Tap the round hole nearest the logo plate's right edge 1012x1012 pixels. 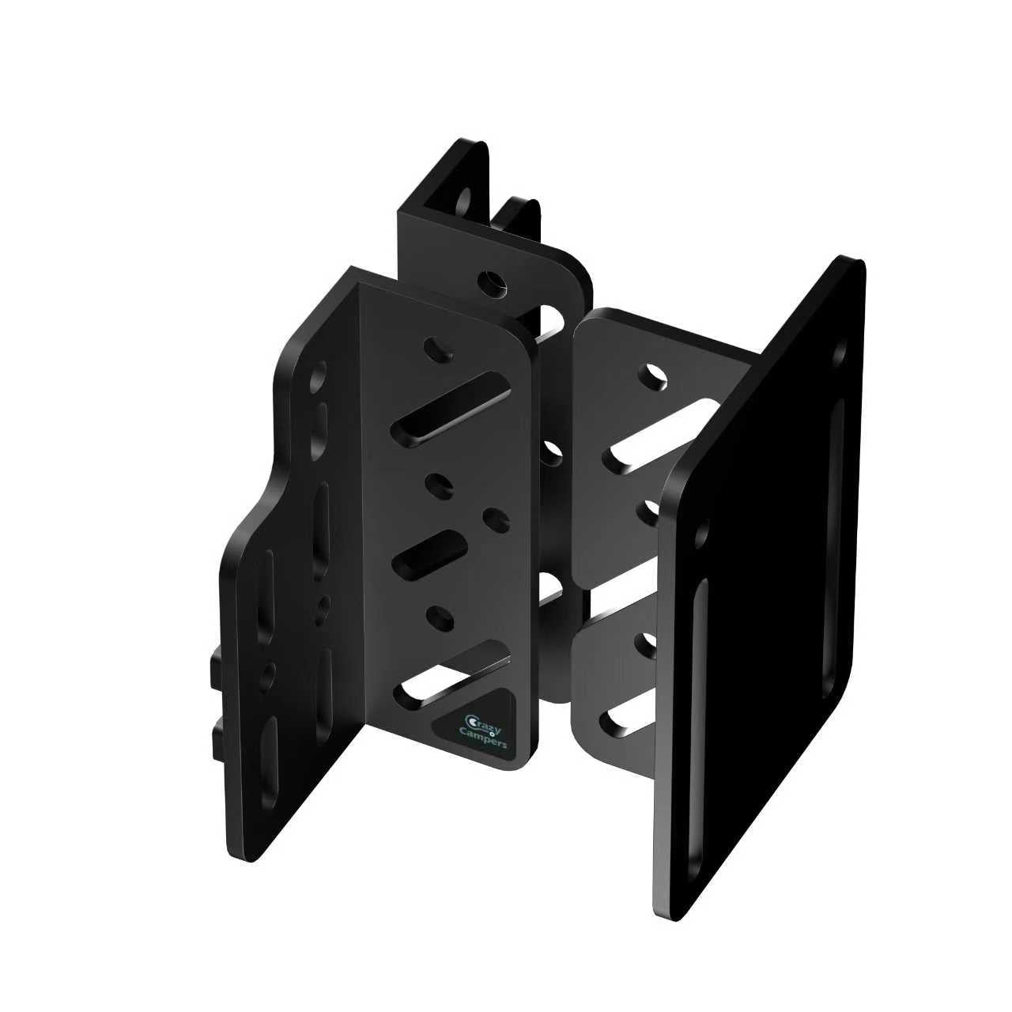click(x=495, y=519)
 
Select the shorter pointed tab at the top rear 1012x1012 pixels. click(x=522, y=217)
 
